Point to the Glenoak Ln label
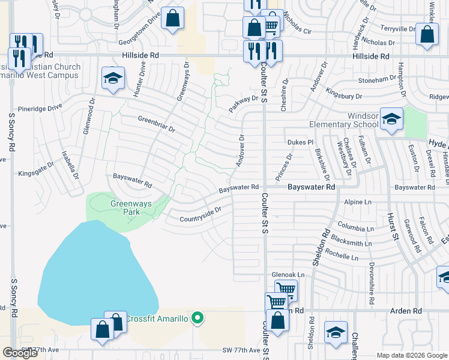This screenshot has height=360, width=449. (288, 275)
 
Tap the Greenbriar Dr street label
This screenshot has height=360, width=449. (156, 124)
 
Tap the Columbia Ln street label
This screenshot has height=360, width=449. (355, 229)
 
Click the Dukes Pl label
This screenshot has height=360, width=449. (301, 142)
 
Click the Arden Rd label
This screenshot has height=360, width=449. (406, 311)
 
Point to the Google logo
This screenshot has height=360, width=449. (20, 352)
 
